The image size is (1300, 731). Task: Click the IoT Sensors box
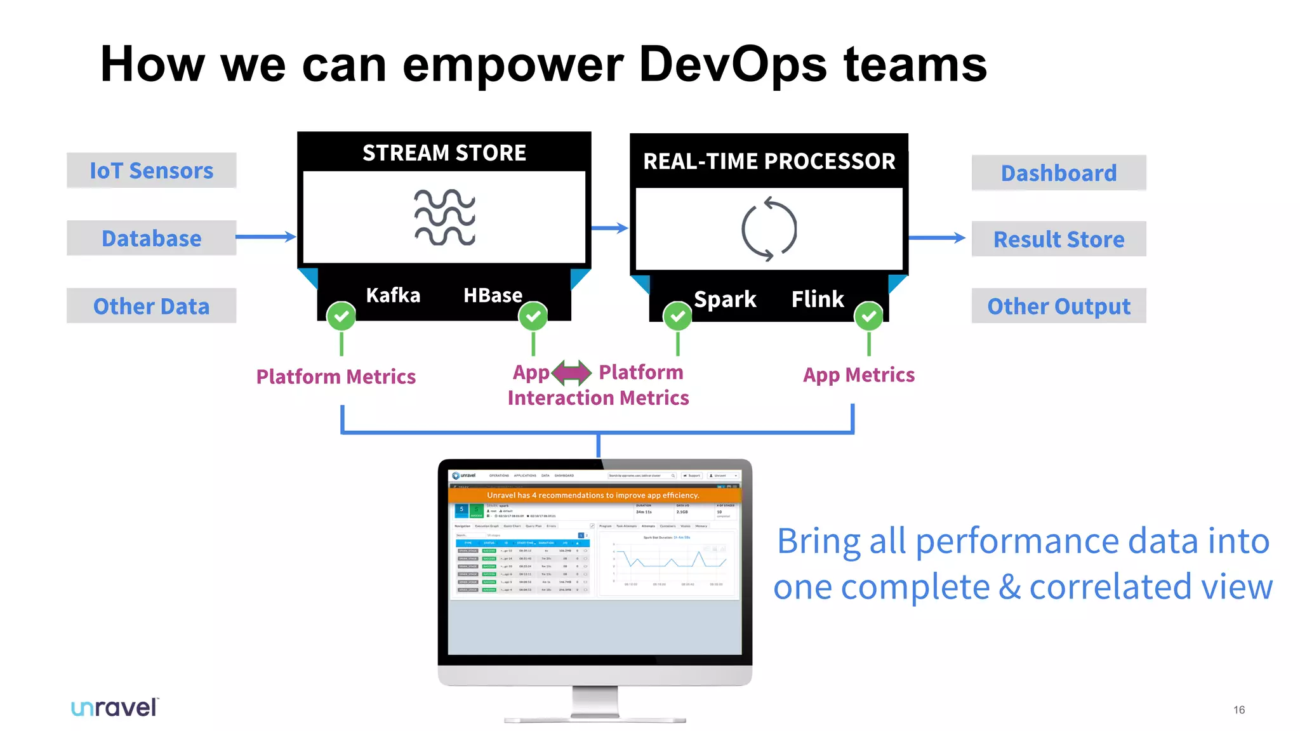[151, 170]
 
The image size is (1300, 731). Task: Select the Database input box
[151, 238]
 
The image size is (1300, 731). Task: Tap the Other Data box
[151, 306]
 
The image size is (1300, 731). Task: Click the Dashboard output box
[1058, 173]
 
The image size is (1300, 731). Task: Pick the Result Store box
[1058, 239]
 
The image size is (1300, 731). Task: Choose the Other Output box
[1058, 306]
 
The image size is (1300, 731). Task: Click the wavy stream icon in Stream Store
[444, 217]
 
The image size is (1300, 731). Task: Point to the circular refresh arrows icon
[769, 229]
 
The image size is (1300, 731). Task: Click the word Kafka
[393, 295]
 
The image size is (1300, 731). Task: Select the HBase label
[493, 295]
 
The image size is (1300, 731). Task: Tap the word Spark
[725, 299]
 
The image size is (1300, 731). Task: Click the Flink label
[818, 299]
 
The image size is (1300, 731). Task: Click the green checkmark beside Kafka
[342, 315]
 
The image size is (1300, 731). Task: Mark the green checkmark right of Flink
[868, 315]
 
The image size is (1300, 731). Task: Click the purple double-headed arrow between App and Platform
[572, 372]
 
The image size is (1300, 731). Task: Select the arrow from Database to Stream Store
[265, 237]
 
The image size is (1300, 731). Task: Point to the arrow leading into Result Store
[937, 238]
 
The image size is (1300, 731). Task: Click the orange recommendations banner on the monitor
[594, 495]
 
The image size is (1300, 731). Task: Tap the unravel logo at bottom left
[115, 708]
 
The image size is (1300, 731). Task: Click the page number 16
[1238, 710]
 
